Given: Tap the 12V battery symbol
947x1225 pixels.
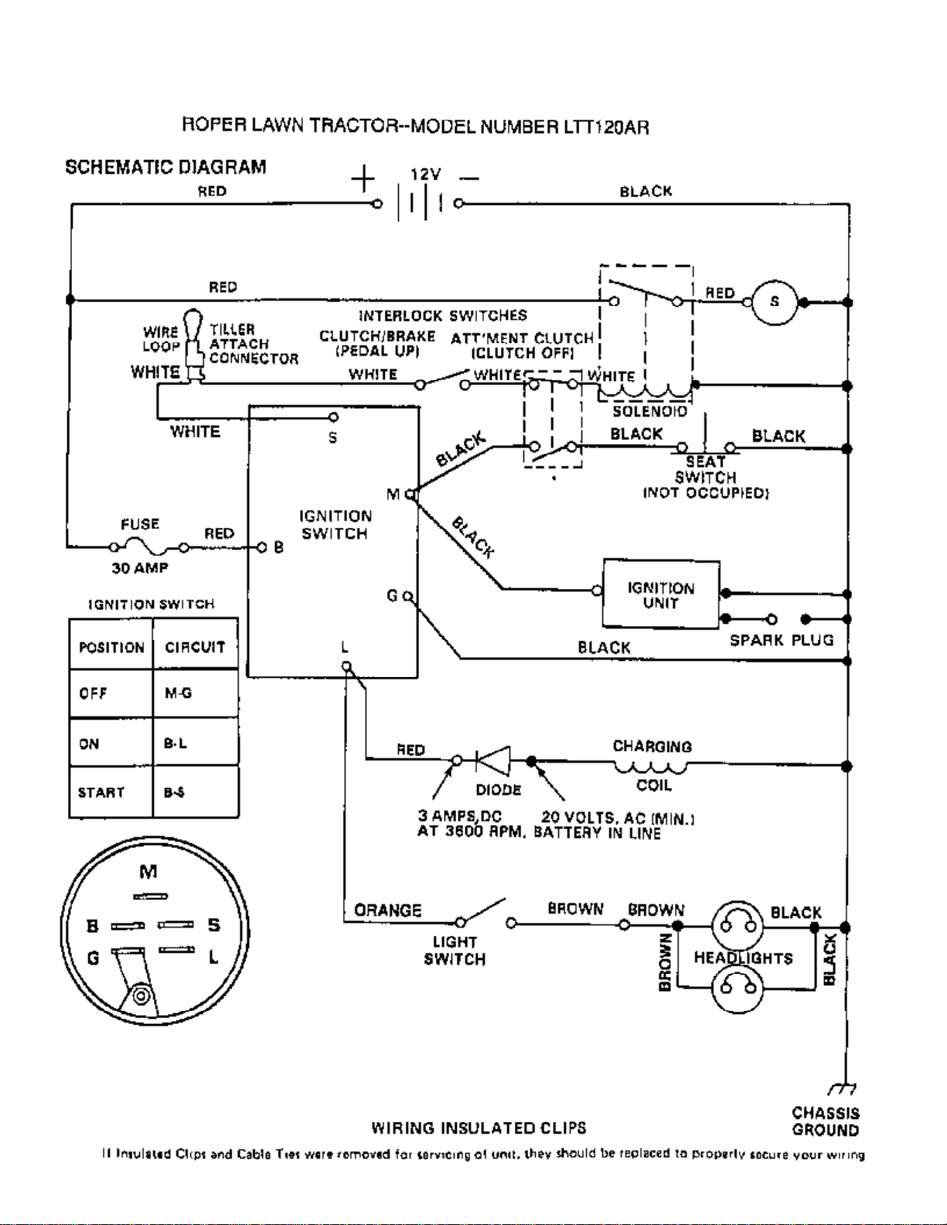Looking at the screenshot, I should (418, 203).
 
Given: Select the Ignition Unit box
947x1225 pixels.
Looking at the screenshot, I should (661, 594).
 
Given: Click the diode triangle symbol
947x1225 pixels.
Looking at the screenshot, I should (493, 761).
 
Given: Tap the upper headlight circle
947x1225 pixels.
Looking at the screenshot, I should (738, 925).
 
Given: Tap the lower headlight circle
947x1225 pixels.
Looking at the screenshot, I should (738, 986).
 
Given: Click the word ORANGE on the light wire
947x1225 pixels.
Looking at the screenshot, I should (388, 910).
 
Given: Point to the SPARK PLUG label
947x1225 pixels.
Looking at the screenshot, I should (782, 640).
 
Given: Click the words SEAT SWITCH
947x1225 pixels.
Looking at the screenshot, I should (705, 469).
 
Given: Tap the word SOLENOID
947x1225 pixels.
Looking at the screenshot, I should (649, 411).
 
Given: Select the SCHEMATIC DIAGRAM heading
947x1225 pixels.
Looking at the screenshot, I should (165, 167).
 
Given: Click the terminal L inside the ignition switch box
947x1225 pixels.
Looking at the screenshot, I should (346, 665).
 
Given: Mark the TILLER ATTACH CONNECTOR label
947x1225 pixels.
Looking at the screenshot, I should (253, 344).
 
